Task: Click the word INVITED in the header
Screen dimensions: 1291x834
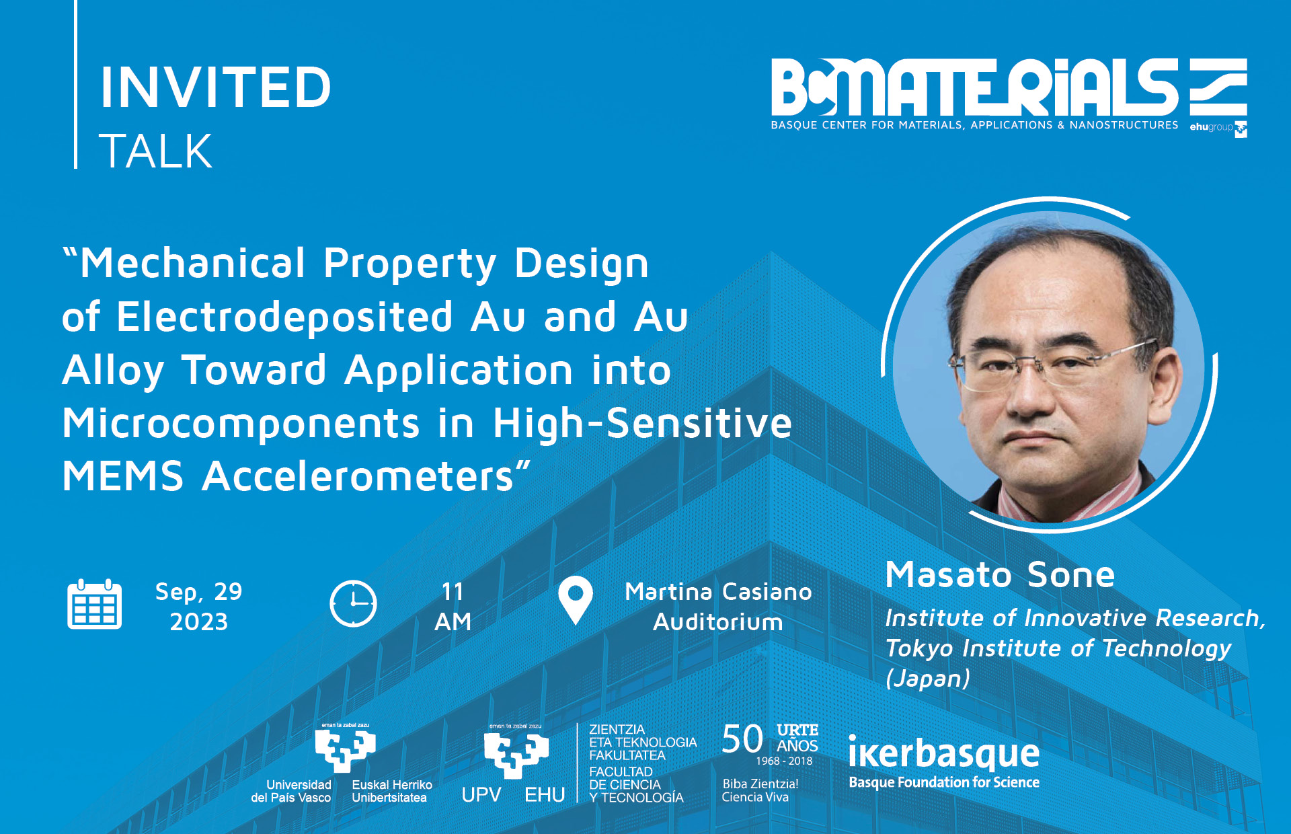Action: click(x=216, y=87)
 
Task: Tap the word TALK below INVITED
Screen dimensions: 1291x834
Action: click(x=155, y=151)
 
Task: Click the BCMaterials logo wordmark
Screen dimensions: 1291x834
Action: click(x=974, y=87)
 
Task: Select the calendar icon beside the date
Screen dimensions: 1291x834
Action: click(x=95, y=604)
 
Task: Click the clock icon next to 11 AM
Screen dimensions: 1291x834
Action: click(x=353, y=604)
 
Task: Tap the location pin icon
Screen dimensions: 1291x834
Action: click(x=576, y=600)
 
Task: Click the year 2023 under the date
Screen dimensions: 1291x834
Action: click(x=199, y=622)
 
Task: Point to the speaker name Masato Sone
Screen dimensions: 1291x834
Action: click(x=1001, y=575)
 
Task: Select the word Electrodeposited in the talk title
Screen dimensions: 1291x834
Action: click(x=285, y=316)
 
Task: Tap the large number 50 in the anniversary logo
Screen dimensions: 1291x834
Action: click(x=742, y=739)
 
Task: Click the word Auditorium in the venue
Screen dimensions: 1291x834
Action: click(x=718, y=622)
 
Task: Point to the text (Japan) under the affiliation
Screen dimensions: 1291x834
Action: click(x=928, y=678)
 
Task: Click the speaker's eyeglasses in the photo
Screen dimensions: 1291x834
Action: click(x=1052, y=363)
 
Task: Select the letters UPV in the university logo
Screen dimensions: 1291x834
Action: click(x=481, y=795)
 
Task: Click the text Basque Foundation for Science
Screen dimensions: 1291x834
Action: click(x=944, y=782)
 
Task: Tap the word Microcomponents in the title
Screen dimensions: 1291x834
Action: click(x=241, y=424)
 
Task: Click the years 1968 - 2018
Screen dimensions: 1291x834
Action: click(x=784, y=761)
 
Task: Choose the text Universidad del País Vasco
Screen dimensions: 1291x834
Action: click(x=291, y=792)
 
